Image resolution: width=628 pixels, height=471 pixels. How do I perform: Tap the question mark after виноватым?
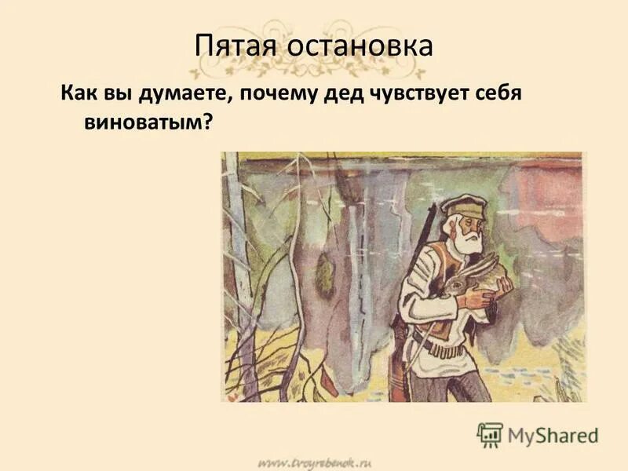coord(209,122)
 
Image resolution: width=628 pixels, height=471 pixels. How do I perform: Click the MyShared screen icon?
coord(491,433)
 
